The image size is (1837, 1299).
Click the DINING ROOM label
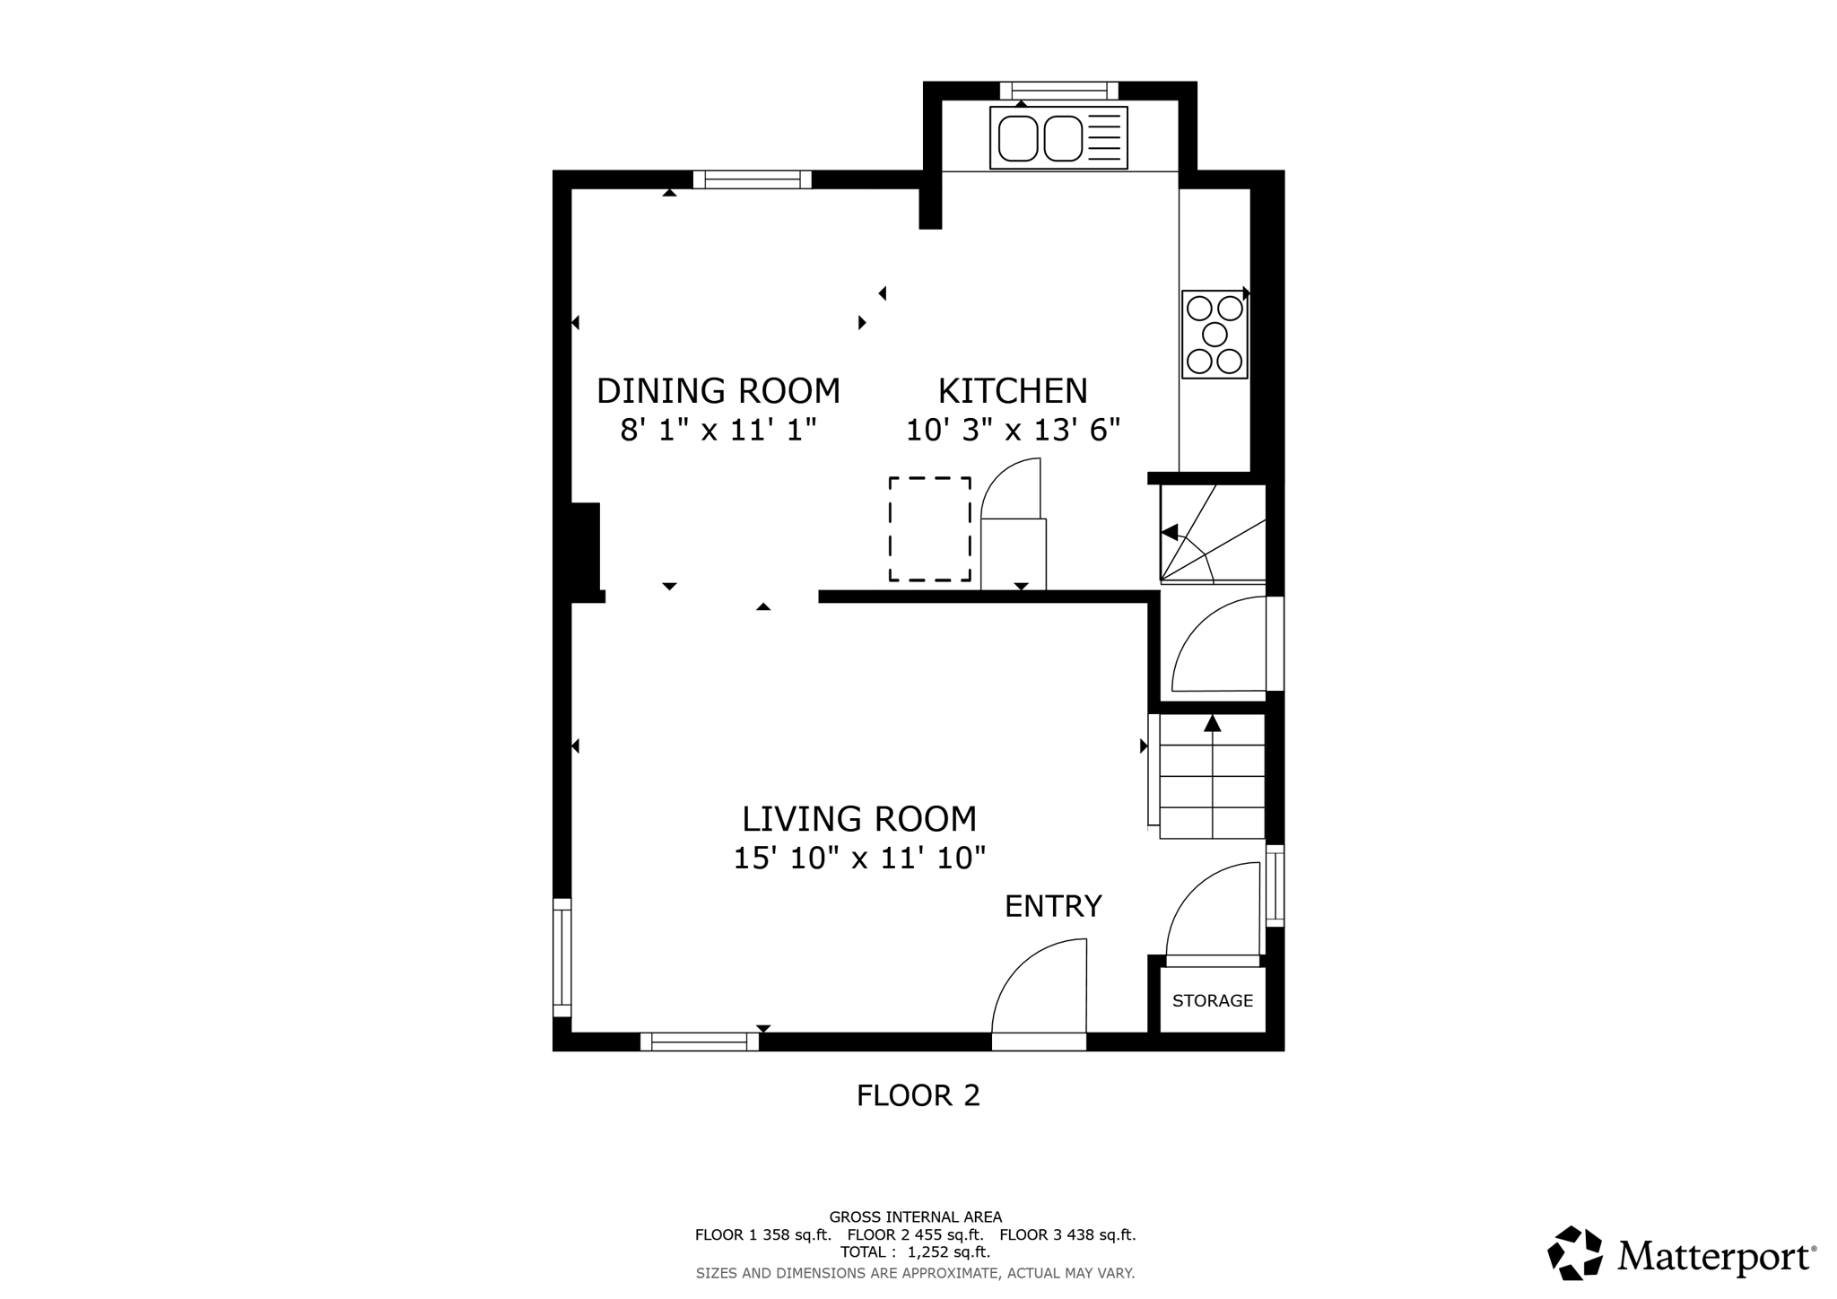(x=718, y=391)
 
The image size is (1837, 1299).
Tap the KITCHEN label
(x=1013, y=391)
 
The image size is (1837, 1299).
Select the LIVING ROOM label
(x=859, y=819)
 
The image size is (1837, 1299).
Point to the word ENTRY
(x=1053, y=906)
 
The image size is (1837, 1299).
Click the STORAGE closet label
(x=1213, y=1000)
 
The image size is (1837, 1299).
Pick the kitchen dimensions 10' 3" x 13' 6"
(x=1014, y=431)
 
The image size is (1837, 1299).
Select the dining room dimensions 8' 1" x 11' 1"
(x=718, y=431)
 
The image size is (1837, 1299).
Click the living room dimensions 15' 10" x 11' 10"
(x=859, y=859)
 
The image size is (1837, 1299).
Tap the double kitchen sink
(x=1058, y=137)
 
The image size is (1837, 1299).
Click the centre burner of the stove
(x=1215, y=335)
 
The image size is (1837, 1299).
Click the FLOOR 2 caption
(x=918, y=1095)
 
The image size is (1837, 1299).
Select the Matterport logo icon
(x=1575, y=1252)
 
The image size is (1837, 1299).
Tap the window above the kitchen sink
(x=1059, y=90)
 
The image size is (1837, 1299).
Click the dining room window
(x=752, y=179)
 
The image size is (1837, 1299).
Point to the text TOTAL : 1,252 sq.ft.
(x=915, y=1251)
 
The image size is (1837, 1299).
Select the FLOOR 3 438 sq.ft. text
(x=1067, y=1234)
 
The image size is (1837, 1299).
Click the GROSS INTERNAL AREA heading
(x=916, y=1217)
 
